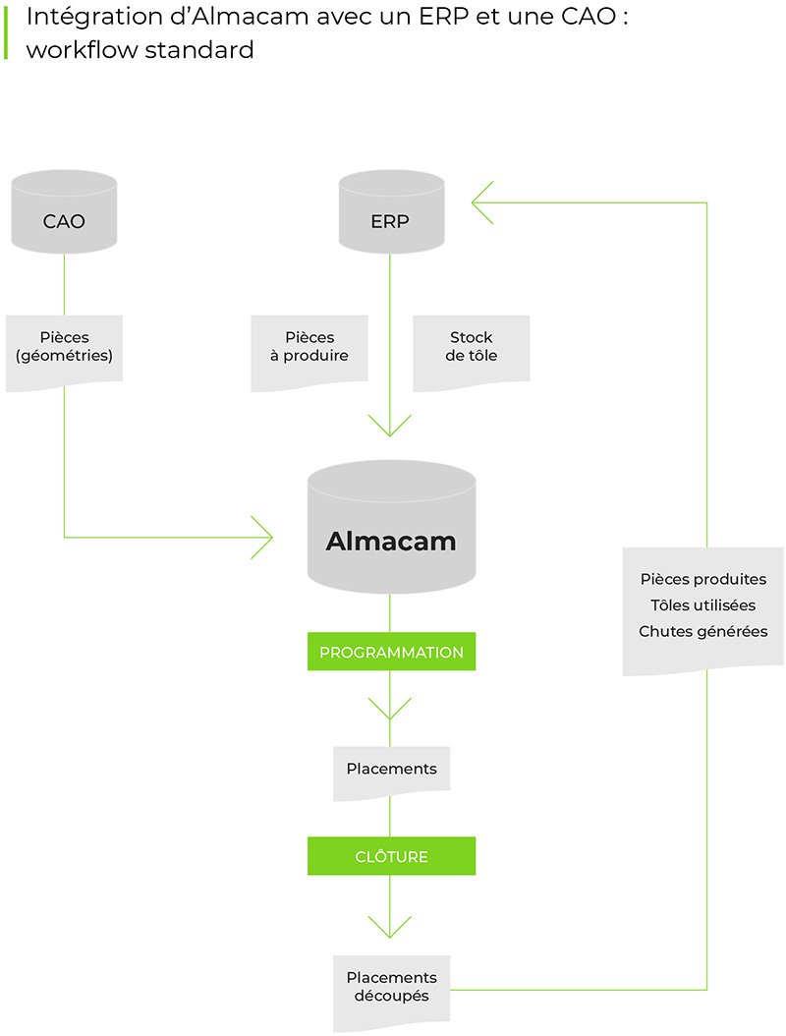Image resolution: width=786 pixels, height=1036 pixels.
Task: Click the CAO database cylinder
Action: tap(64, 212)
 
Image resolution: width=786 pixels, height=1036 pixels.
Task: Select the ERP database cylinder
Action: tap(390, 212)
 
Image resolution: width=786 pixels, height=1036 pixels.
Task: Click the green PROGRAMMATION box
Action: tap(391, 652)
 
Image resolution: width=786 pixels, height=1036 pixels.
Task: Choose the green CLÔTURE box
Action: tap(391, 856)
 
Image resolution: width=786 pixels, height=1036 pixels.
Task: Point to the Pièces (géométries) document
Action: tap(64, 350)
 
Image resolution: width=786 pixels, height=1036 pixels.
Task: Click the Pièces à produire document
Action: tap(309, 350)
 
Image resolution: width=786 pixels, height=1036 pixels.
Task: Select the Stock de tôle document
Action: tap(472, 348)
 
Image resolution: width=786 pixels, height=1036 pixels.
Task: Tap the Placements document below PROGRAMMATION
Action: tap(391, 771)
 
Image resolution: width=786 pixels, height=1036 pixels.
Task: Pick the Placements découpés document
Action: tap(391, 989)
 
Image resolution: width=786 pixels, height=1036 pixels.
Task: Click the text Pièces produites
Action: tap(702, 580)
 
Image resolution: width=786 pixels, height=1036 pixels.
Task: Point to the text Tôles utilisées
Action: tap(702, 605)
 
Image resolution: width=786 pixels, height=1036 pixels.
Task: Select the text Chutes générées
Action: tap(702, 631)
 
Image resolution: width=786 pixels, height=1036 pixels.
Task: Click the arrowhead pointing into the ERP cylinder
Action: tap(481, 202)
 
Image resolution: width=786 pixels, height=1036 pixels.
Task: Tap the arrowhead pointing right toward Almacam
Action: tap(263, 537)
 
